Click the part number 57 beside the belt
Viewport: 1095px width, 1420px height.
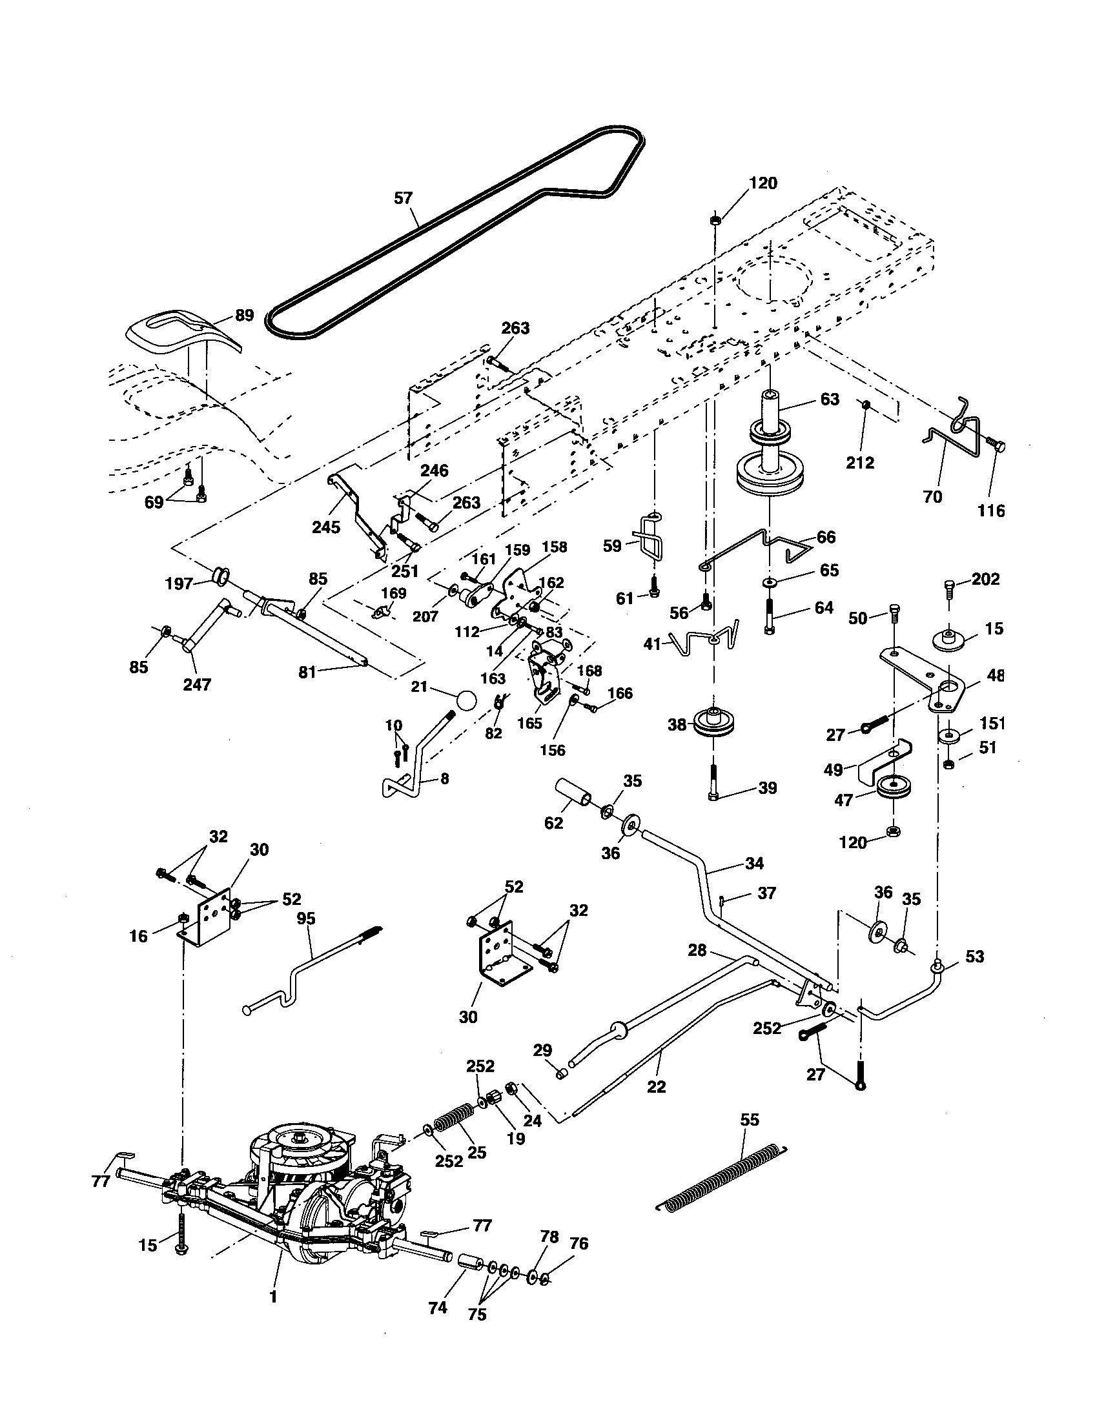(x=403, y=198)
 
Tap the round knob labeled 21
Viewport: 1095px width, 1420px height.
(x=466, y=703)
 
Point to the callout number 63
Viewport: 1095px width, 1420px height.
(x=830, y=399)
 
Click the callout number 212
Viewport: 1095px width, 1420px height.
(x=860, y=463)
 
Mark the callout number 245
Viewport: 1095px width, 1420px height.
(x=326, y=527)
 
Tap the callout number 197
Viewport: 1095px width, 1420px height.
(x=179, y=584)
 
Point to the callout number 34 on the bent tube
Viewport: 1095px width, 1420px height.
(x=754, y=864)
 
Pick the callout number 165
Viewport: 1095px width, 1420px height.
(x=530, y=723)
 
